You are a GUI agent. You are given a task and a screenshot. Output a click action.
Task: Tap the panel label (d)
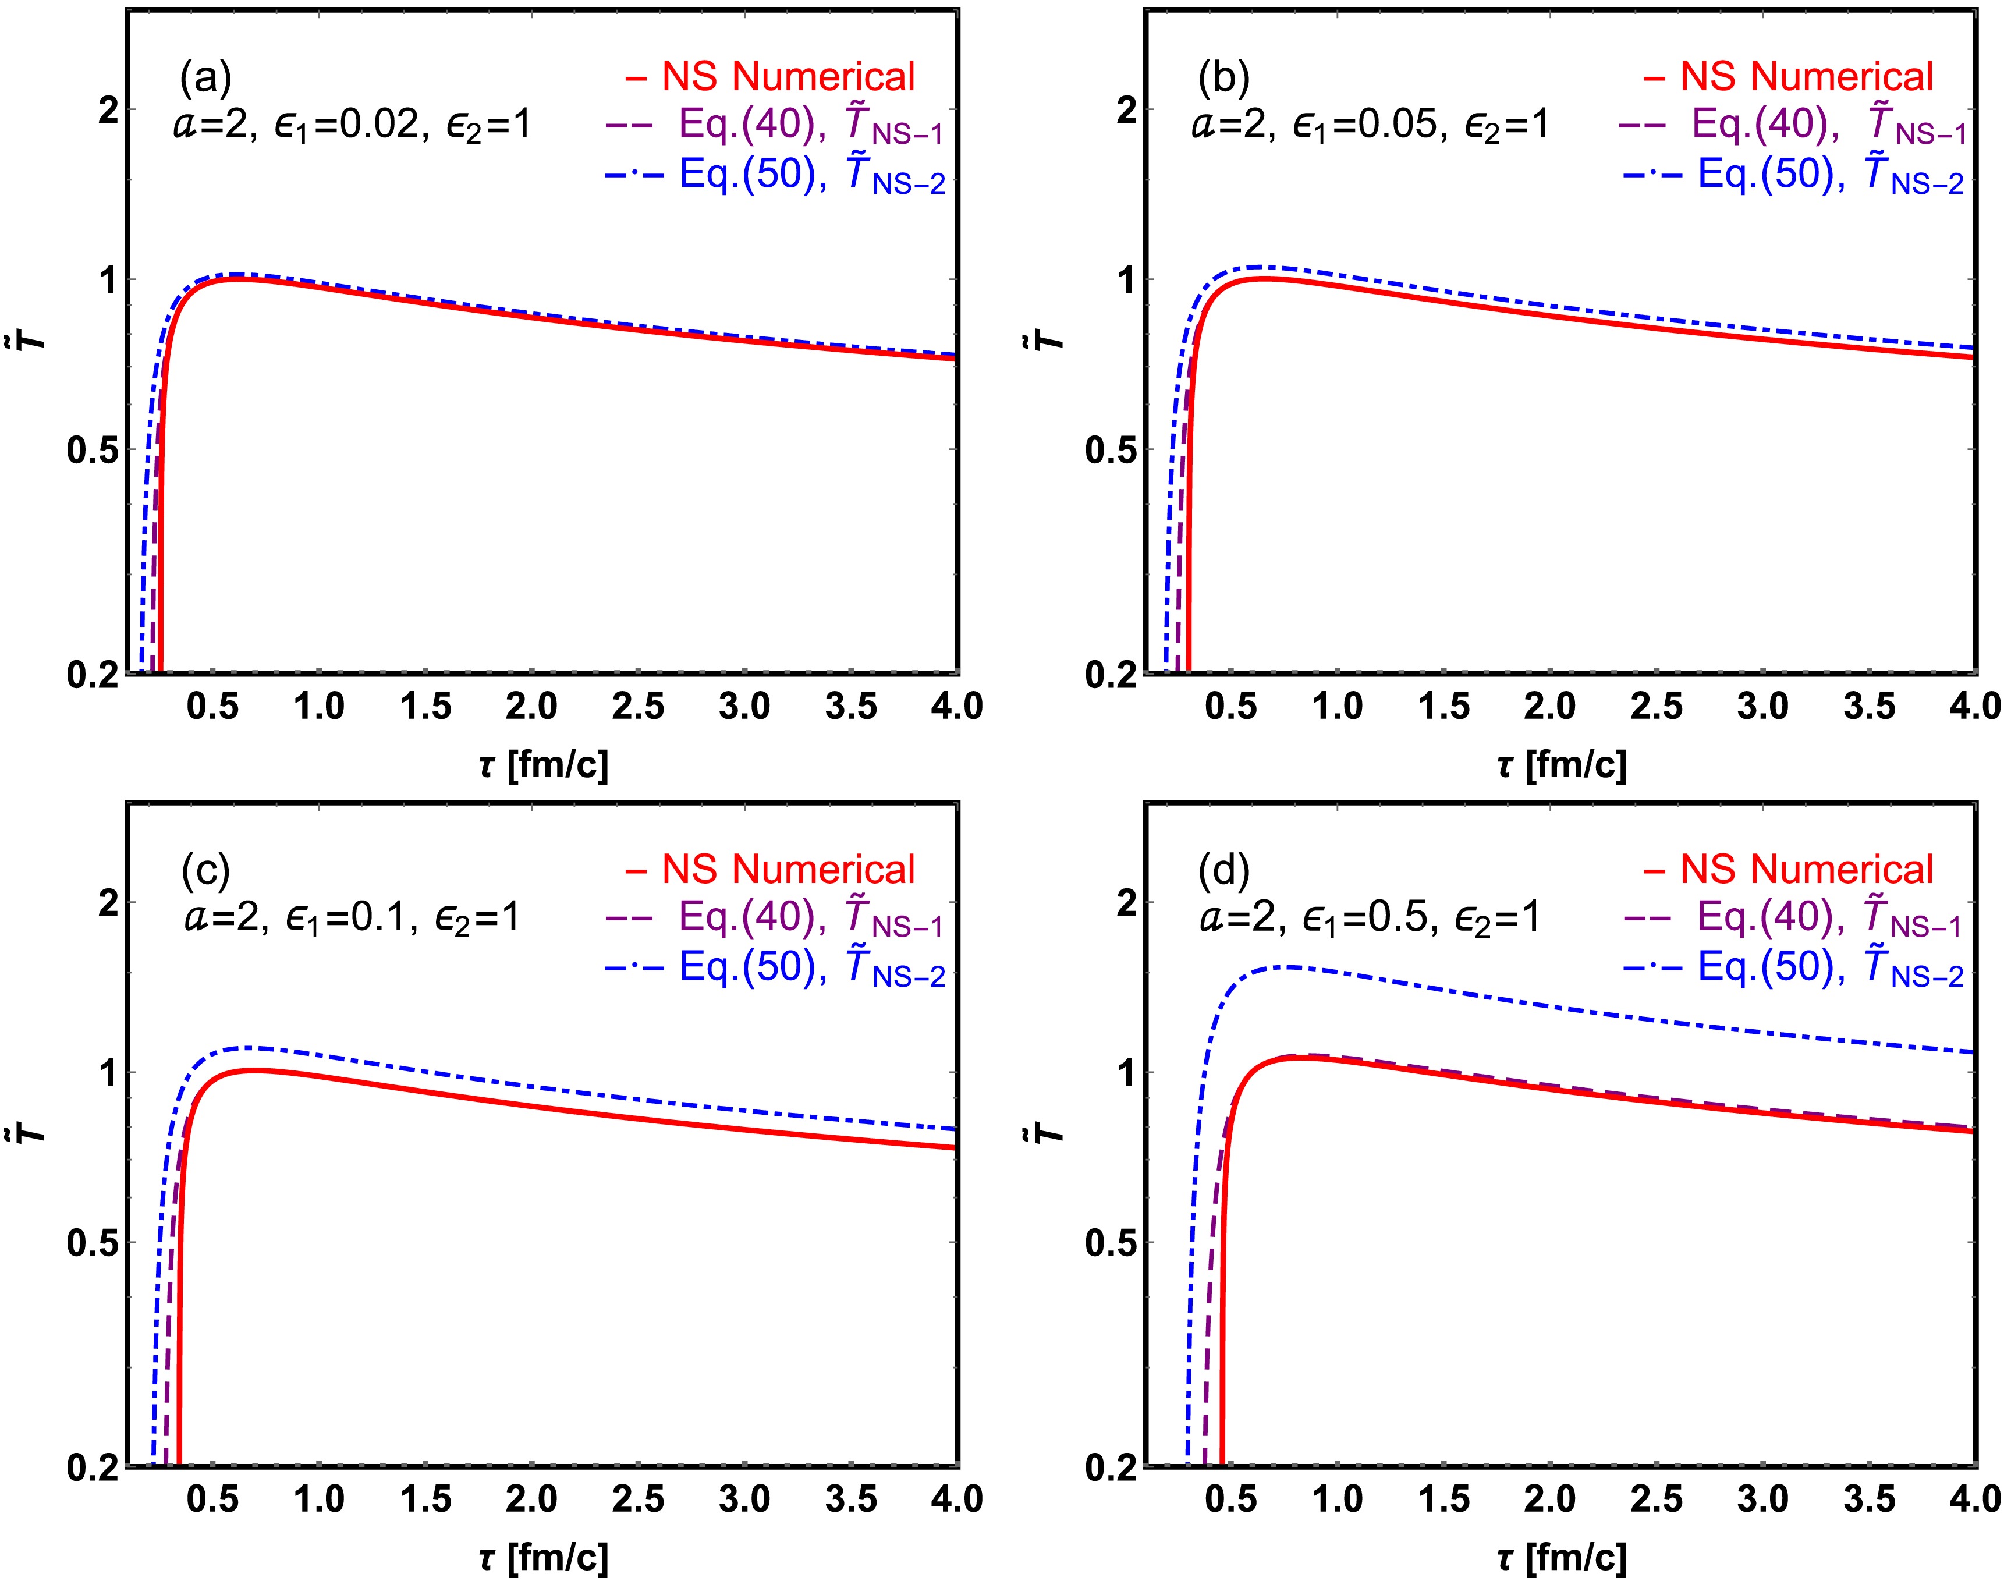point(1223,870)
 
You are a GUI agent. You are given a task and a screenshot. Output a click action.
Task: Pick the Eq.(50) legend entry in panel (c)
point(774,968)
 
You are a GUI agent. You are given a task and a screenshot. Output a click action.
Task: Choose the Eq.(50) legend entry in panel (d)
point(1792,968)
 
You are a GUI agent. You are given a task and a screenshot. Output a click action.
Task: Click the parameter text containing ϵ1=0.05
point(1370,125)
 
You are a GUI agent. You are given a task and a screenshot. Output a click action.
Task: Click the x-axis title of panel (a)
point(544,764)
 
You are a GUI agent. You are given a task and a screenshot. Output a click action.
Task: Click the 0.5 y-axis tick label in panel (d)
point(1111,1243)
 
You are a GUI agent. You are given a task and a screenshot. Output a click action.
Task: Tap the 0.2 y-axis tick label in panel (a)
point(93,676)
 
